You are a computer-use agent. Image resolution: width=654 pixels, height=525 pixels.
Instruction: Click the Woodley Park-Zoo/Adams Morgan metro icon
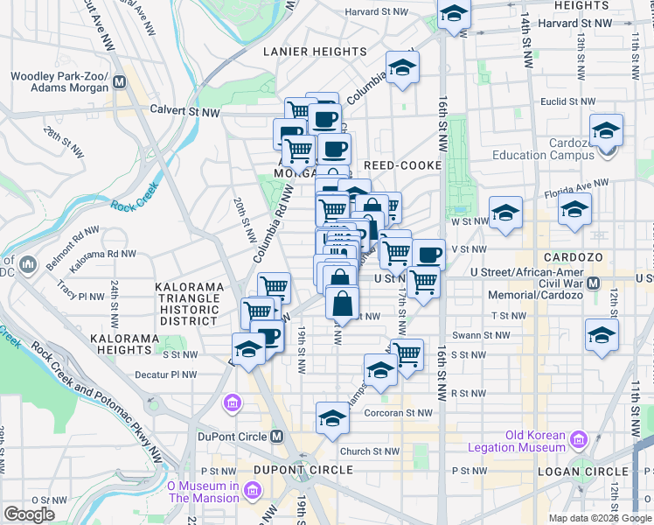pos(119,81)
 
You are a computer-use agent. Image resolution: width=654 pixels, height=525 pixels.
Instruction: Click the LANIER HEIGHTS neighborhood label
pos(316,52)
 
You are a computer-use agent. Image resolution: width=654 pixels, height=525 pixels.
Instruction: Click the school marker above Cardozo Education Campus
pos(606,129)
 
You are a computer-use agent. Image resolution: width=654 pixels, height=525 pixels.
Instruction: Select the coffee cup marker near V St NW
pos(428,255)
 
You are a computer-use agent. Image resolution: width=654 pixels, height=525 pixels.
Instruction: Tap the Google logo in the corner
pos(30,514)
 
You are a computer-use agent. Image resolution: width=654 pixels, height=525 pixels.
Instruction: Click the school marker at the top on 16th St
pos(453,15)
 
